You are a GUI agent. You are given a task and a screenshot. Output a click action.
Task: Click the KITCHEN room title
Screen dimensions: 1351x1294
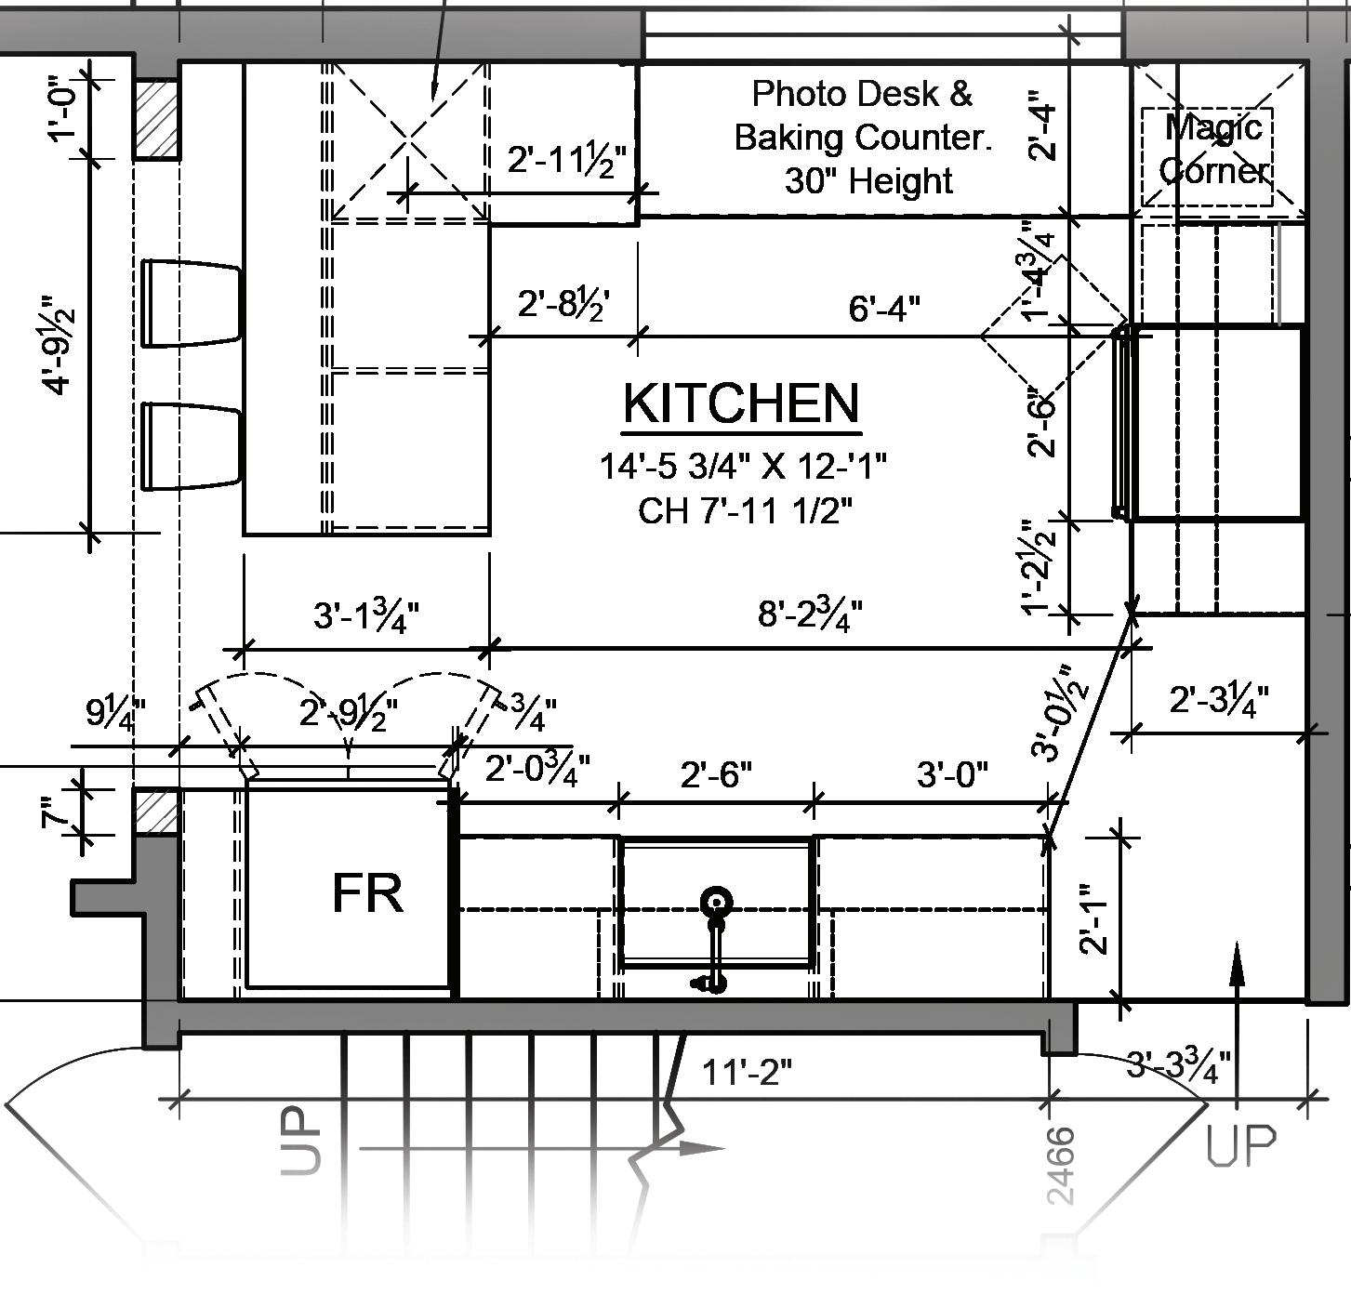741,403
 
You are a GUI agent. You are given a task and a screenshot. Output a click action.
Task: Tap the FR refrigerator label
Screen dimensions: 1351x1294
367,893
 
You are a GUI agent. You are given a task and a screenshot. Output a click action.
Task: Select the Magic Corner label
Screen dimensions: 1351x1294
1213,149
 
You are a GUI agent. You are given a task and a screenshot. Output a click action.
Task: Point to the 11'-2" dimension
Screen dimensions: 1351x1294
747,1073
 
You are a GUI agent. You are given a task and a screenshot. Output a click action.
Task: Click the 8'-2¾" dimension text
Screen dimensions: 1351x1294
810,614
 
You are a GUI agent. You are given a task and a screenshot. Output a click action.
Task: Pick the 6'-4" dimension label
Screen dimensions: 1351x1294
884,308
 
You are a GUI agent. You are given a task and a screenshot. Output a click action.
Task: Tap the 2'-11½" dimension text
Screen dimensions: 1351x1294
567,160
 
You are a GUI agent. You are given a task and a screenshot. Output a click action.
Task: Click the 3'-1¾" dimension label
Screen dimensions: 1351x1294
365,615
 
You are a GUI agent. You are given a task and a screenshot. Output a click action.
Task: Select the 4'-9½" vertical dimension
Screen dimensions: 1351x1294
59,344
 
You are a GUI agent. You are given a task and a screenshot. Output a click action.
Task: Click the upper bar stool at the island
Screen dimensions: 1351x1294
192,304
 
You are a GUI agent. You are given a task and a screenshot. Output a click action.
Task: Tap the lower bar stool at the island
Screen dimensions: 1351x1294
192,446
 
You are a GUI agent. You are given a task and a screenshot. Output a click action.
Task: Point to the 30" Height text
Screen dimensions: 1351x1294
868,180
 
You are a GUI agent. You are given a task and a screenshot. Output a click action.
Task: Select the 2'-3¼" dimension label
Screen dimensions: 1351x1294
1218,699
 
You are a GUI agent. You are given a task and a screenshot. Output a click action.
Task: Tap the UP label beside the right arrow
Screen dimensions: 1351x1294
1242,1146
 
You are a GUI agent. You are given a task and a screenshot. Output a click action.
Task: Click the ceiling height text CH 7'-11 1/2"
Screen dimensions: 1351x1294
745,510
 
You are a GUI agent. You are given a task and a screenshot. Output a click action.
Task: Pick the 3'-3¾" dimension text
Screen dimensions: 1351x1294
1178,1064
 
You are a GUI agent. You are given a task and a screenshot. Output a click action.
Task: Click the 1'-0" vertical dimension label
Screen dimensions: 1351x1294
66,108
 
